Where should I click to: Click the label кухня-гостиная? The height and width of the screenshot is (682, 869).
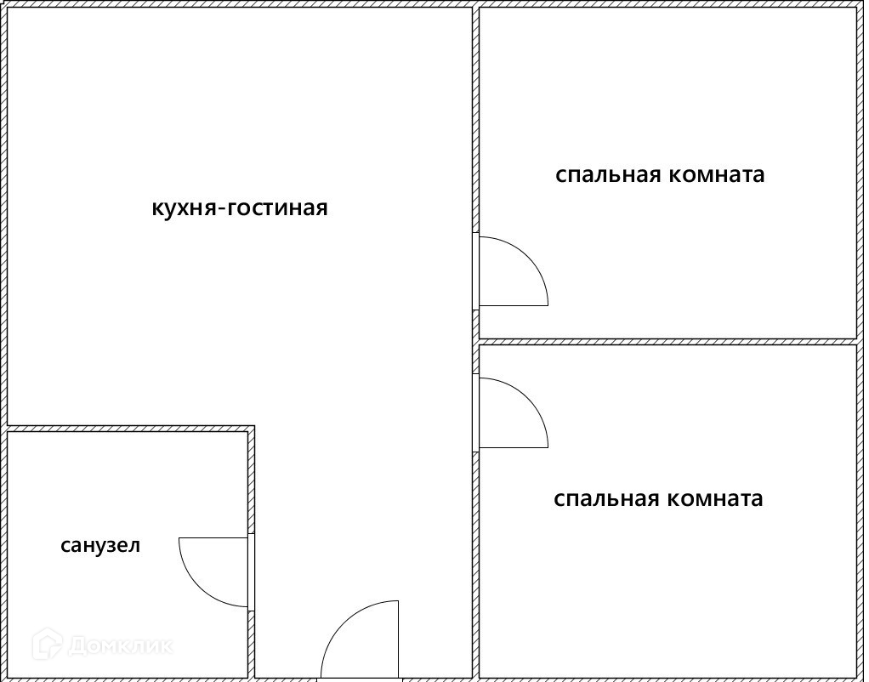click(x=239, y=208)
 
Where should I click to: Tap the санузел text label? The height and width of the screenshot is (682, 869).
click(x=100, y=545)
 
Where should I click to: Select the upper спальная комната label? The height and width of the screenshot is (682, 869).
click(x=660, y=175)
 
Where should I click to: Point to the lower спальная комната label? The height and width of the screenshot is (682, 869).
click(x=658, y=498)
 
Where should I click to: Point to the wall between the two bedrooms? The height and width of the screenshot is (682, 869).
click(x=667, y=341)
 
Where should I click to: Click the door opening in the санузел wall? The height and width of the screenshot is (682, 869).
click(x=252, y=571)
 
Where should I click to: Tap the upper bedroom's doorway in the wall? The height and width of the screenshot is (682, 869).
click(x=476, y=270)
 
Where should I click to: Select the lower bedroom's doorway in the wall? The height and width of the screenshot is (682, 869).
click(x=476, y=412)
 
